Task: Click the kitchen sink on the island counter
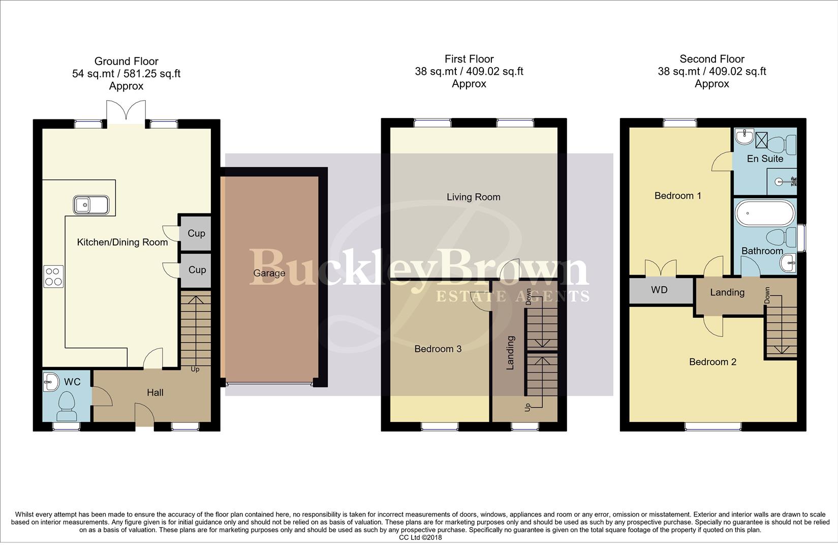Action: (91, 205)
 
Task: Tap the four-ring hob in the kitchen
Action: (54, 277)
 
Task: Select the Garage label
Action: (269, 273)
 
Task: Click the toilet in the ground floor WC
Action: (66, 406)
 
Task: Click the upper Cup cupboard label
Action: (196, 233)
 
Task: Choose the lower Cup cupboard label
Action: (197, 269)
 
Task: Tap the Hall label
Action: (155, 392)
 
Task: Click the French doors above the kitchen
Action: (126, 110)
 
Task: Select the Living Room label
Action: (473, 197)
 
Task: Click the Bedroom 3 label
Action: (438, 349)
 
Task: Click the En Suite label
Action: (764, 159)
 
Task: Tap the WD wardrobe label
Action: (659, 290)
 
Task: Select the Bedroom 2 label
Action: (712, 362)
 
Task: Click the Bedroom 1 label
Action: (677, 196)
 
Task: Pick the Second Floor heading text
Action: (711, 59)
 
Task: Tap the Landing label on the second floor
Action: (727, 292)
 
